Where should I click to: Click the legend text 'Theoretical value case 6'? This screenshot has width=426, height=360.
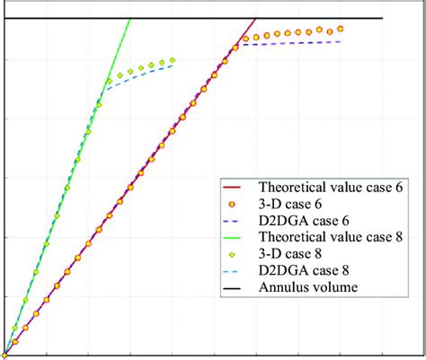point(331,188)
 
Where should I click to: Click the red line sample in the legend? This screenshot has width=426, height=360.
point(235,188)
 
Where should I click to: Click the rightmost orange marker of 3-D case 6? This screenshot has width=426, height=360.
point(341,29)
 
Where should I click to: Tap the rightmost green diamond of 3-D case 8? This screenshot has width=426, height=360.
point(173,60)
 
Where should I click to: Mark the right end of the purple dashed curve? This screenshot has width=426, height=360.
point(341,41)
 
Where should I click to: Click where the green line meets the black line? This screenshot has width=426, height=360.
point(130,19)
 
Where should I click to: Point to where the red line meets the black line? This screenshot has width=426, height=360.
point(256,19)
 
